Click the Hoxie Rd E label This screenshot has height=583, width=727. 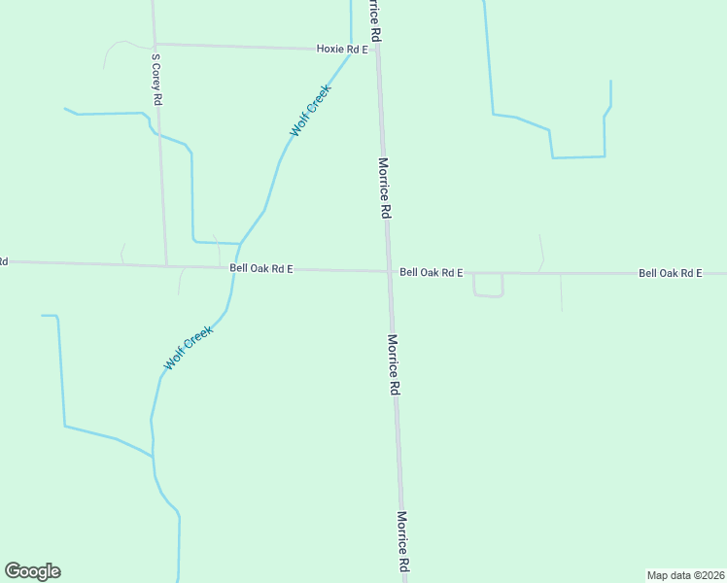pos(342,48)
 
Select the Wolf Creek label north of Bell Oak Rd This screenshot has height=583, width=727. pos(310,110)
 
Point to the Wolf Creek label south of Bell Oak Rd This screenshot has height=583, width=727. pos(188,348)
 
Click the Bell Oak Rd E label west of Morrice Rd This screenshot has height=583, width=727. pos(261,268)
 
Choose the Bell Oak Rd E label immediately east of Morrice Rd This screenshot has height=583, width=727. pos(431,273)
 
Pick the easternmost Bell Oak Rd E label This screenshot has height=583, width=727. pos(670,274)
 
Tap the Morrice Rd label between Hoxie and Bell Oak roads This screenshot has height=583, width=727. pos(385,188)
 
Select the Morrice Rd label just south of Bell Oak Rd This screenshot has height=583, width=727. pos(394,364)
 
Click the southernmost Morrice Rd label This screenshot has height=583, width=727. pos(402,541)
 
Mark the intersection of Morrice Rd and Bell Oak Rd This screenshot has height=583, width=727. pos(389,272)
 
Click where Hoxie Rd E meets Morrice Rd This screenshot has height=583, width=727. pos(377,49)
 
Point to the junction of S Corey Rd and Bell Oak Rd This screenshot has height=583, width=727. pos(166,265)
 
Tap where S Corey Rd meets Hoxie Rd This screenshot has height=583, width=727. pos(154,44)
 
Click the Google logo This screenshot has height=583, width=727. pos(33,571)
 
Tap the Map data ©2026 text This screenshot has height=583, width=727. pos(685,574)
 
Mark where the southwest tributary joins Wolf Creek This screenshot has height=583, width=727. pos(154,457)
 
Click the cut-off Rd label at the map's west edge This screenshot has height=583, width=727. pos(3,261)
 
